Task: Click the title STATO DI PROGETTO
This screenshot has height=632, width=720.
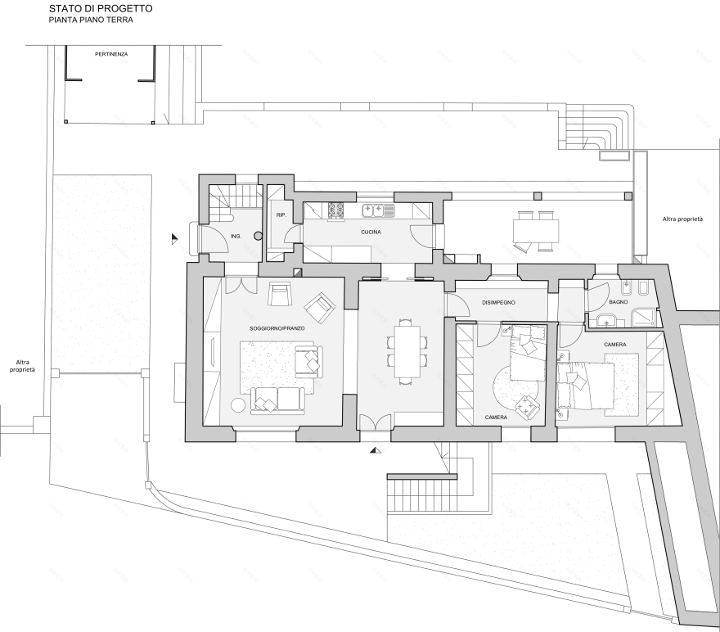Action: tap(101, 8)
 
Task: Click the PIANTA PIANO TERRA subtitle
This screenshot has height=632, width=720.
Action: tap(91, 20)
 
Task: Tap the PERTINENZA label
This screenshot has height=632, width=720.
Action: tap(111, 54)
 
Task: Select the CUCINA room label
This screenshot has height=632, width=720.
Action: tap(371, 232)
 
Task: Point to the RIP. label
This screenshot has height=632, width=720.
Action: tap(281, 215)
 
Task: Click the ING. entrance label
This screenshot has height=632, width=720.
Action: tap(236, 236)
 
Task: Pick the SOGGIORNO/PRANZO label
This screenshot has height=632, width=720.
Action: tap(277, 328)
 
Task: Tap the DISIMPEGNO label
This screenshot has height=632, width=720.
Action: tap(498, 303)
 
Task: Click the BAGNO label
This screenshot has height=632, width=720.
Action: tap(618, 302)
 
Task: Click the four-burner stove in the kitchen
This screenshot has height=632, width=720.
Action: tap(336, 211)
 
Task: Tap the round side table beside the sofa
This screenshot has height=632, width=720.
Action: tap(238, 405)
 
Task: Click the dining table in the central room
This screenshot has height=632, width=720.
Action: tap(408, 351)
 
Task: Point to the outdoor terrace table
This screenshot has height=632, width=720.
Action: tap(536, 231)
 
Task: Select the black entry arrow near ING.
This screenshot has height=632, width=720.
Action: tap(174, 239)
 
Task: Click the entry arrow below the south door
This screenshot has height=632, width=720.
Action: tap(376, 450)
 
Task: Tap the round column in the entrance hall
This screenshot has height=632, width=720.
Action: tap(258, 236)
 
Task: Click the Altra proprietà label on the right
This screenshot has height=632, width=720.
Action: tap(682, 219)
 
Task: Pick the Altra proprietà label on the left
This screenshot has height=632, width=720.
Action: tap(22, 366)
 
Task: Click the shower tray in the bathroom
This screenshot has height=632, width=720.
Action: tap(644, 318)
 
